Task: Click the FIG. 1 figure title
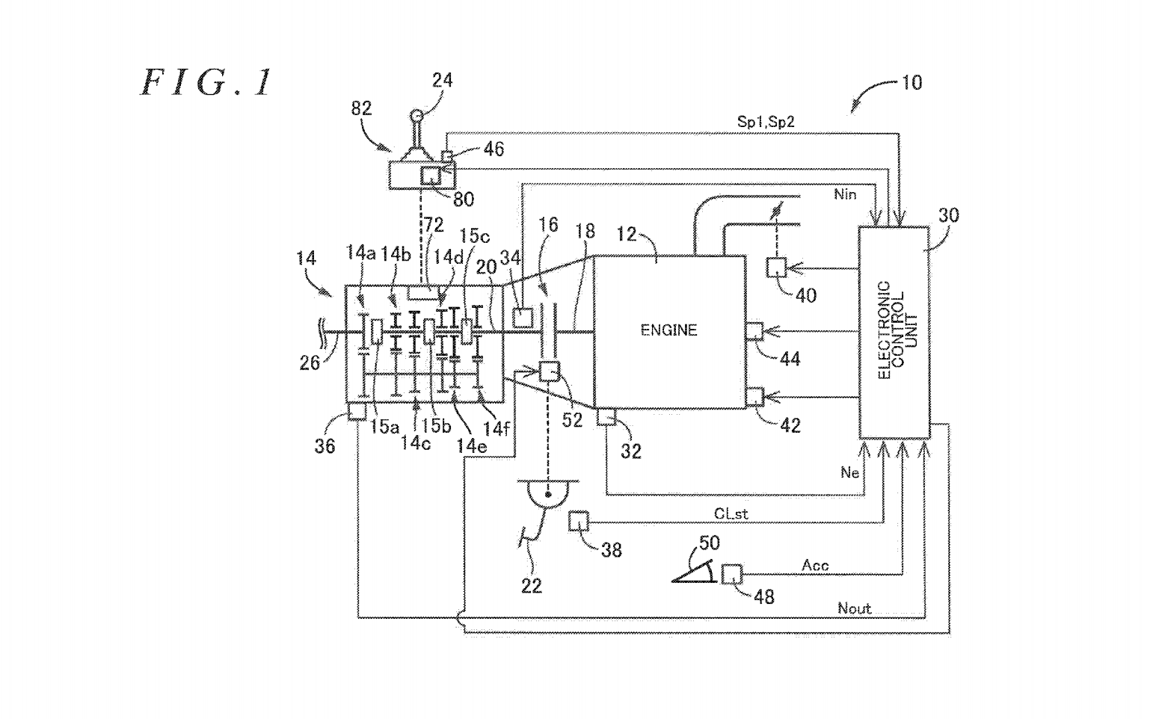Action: coord(207,82)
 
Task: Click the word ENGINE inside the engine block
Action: coord(668,330)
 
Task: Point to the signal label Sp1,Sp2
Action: coord(765,122)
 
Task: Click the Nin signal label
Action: coord(845,194)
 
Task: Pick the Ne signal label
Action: coord(849,472)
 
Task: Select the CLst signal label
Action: coord(731,514)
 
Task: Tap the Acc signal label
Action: coord(815,566)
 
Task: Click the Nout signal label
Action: coord(854,608)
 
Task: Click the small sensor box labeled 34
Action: coord(521,318)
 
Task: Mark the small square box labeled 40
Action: coord(778,268)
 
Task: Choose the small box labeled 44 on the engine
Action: coord(755,331)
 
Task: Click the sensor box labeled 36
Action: coord(357,411)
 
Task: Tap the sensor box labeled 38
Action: coord(579,521)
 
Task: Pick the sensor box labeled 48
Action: coord(731,574)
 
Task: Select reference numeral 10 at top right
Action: coord(911,82)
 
